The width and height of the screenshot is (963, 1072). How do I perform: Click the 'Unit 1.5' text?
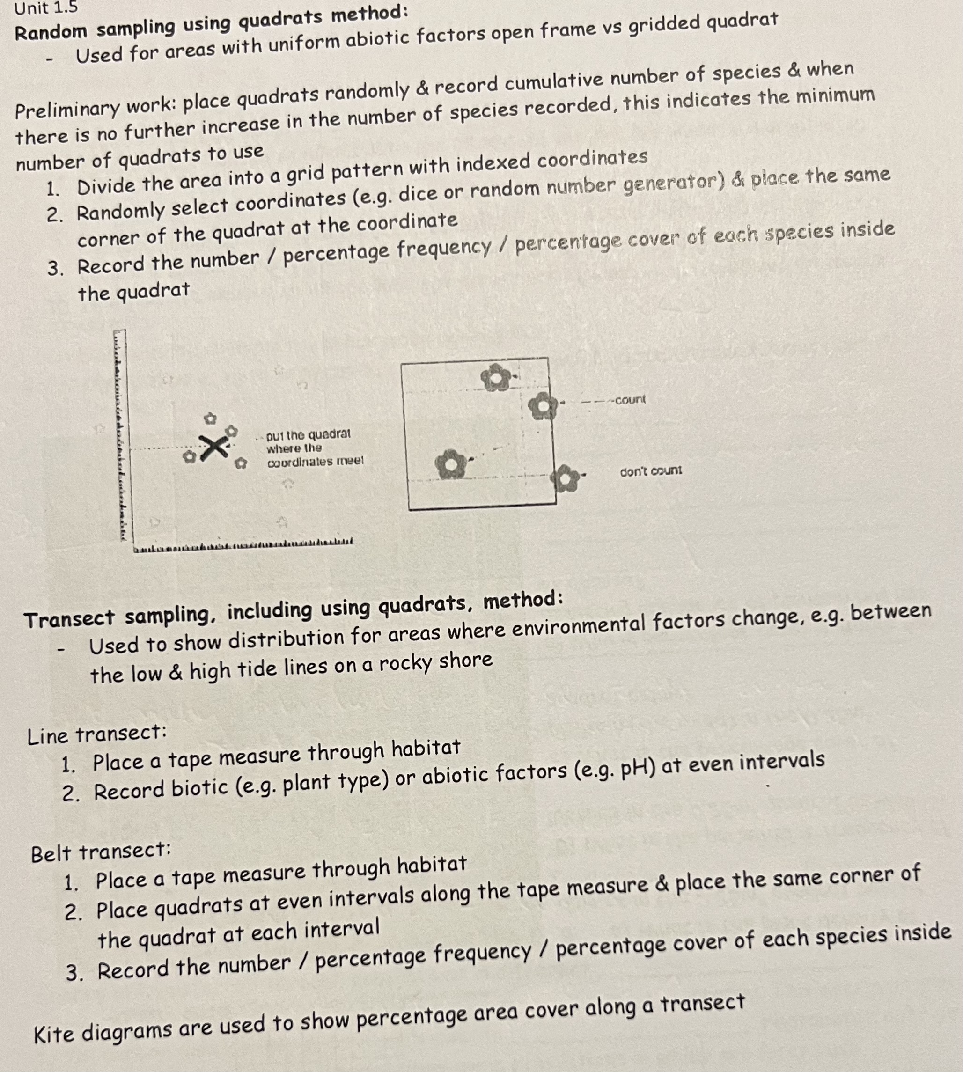tap(45, 8)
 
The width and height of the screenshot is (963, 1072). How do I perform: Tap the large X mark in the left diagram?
tap(213, 447)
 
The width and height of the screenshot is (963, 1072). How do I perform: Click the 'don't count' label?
tap(651, 470)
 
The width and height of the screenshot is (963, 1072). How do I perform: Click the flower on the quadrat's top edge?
tap(496, 377)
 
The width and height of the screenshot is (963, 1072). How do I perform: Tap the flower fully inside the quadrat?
tap(450, 464)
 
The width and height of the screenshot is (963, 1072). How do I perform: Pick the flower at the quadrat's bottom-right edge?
tap(565, 478)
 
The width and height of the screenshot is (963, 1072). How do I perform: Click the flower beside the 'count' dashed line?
tap(542, 406)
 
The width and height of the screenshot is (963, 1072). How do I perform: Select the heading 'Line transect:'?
tap(97, 735)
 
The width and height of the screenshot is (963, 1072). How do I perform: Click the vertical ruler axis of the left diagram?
tap(120, 434)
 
